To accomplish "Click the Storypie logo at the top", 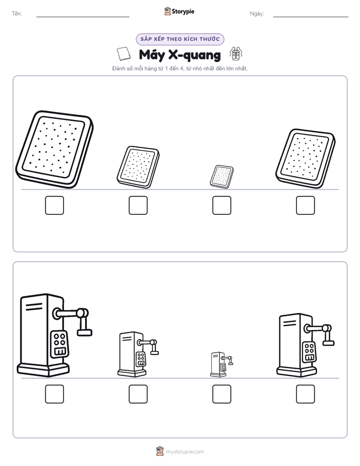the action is click(179, 11).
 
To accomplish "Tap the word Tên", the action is click(16, 14).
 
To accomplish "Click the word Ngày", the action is click(256, 14).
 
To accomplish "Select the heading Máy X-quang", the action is click(179, 54).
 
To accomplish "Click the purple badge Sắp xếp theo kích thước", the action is click(180, 39).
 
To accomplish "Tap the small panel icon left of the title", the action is click(124, 54).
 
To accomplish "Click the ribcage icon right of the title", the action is click(235, 53).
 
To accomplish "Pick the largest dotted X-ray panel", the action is click(54, 149).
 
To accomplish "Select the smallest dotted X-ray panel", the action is click(221, 176).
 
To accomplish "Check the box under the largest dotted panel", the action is click(54, 205).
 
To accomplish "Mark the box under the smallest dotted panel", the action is click(221, 205).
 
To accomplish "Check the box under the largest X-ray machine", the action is click(54, 394).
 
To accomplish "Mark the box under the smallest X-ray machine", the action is click(221, 394).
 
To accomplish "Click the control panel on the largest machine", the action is click(59, 344).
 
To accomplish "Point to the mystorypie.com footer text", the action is click(185, 452).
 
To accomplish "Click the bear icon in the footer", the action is click(160, 451).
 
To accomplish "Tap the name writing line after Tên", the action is click(83, 17).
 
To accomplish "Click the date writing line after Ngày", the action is click(311, 17).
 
